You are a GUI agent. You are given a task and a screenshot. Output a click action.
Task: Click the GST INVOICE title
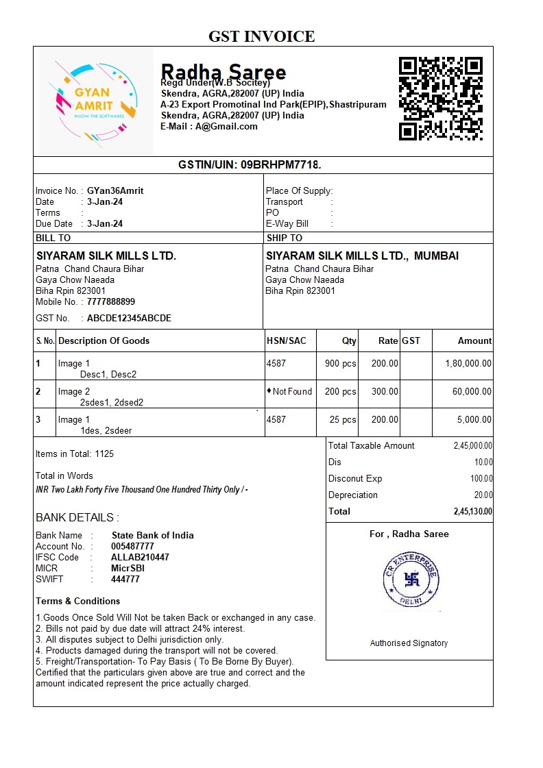pos(261,36)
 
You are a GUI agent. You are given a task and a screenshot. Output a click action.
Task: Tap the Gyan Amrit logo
pos(94,101)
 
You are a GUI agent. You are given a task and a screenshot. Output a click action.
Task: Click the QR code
pos(441,99)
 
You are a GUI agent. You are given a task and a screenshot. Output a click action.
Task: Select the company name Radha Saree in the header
pos(223,71)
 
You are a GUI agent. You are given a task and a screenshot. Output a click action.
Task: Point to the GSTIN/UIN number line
pos(250,165)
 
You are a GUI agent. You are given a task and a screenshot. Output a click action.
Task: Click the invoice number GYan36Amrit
pos(115,191)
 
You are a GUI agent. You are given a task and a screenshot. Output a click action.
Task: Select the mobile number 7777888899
pos(111,302)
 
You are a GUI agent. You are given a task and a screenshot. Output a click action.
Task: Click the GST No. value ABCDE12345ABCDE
pos(129,319)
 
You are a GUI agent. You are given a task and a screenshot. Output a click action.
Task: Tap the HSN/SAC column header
pos(287,341)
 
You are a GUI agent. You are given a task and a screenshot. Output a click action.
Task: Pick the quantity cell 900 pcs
pos(340,364)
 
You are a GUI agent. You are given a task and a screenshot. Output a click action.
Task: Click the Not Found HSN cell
pos(289,392)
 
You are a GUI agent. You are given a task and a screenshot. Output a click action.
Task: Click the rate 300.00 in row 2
pos(385,392)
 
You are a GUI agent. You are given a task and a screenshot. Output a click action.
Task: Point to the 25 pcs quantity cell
pos(343,420)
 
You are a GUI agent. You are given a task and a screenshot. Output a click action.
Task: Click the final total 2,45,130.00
pos(472,512)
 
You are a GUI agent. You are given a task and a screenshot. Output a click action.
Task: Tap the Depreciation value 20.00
pos(483,495)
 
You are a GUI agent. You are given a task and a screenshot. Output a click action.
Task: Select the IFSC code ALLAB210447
pos(140,558)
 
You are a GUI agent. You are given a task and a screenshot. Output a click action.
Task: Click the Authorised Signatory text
pos(409,643)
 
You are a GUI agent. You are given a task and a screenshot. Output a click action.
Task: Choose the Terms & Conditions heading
pos(77,602)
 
